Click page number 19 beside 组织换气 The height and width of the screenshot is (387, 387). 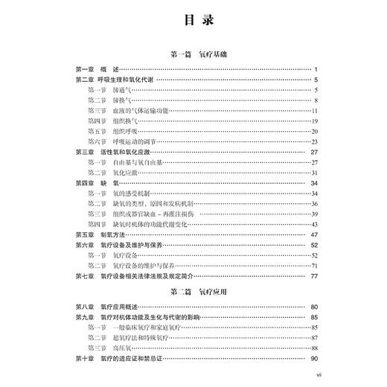315,121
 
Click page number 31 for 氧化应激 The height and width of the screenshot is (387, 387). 315,172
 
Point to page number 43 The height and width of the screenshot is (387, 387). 315,224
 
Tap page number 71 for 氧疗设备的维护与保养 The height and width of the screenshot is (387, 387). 315,266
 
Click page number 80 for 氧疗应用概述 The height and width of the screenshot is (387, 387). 315,307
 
